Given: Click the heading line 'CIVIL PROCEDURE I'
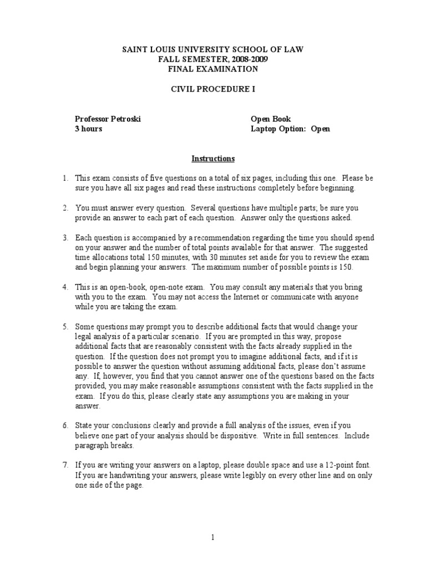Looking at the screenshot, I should tap(213, 89).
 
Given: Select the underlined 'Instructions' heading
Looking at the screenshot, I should tap(213, 159).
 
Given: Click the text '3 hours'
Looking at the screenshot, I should tap(89, 129).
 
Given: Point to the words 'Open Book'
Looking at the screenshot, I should tap(271, 119).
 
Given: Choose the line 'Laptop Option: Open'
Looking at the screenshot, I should tap(290, 129).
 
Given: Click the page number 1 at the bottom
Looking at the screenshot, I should tap(213, 537).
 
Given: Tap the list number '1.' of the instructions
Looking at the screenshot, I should tap(65, 179).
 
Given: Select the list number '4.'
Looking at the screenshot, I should tap(65, 287).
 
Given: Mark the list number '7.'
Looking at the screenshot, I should tap(65, 465).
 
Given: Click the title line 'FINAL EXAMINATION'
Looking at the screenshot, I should tap(213, 69).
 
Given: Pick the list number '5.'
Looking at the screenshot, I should tap(65, 327).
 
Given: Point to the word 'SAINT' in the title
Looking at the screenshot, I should tap(135, 50).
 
